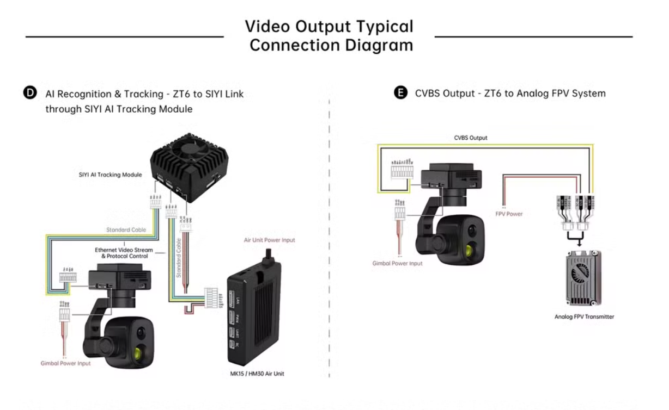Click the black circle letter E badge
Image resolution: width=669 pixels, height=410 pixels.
[400, 93]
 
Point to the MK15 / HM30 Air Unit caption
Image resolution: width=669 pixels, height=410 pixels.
[256, 374]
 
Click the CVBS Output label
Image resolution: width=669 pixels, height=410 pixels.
[471, 138]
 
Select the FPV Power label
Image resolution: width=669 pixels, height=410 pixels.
[508, 214]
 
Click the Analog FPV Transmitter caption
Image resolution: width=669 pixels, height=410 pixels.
[584, 316]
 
